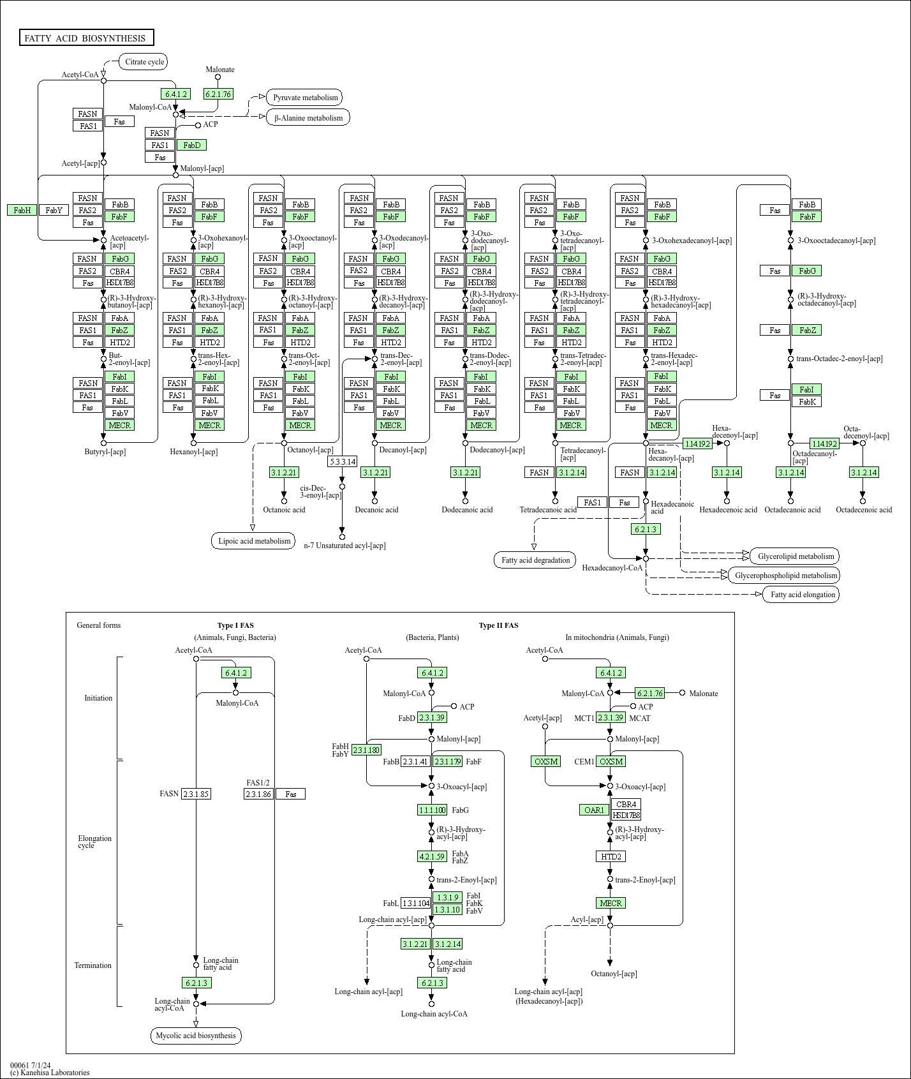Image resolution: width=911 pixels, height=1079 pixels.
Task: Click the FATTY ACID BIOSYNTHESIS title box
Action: (x=86, y=38)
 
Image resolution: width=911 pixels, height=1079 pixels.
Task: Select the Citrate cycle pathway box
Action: (x=144, y=62)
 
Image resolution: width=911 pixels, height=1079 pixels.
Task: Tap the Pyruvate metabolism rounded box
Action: (x=305, y=98)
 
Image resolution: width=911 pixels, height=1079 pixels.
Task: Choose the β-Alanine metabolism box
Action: (x=308, y=117)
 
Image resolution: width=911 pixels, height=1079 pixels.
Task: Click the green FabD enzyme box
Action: (x=191, y=145)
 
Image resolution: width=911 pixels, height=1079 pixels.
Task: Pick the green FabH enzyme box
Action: (x=22, y=210)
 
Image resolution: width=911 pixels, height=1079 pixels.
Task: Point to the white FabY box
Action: (x=54, y=210)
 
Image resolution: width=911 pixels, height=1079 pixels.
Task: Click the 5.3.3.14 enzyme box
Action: (x=343, y=461)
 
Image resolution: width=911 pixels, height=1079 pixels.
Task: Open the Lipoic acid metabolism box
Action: (x=254, y=541)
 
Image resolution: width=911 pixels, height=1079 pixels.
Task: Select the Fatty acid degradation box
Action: (x=535, y=560)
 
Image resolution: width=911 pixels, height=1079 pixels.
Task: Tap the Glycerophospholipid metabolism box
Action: (x=785, y=576)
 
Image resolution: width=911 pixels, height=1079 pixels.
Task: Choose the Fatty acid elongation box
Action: (x=802, y=595)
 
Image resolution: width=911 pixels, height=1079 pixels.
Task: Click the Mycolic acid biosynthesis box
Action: (x=196, y=1036)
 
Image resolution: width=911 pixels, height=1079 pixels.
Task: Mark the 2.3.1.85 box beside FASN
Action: (x=196, y=794)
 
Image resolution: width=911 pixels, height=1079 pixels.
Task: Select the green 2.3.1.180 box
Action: (x=366, y=750)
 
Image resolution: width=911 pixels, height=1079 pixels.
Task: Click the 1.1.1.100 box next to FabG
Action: (x=432, y=810)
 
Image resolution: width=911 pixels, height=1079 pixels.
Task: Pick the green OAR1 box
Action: (x=594, y=810)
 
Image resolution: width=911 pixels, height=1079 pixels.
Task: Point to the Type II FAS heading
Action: (x=498, y=625)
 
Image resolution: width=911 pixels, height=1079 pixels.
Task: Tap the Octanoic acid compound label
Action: (x=284, y=509)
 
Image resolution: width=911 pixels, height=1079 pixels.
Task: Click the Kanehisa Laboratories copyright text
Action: (x=50, y=1073)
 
